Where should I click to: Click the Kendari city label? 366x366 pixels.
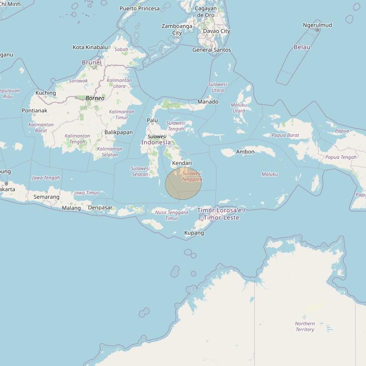tap(182, 163)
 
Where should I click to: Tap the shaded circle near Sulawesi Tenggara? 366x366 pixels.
tap(183, 183)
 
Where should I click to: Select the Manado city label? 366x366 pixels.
tap(208, 102)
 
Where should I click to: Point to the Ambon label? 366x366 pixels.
tap(245, 152)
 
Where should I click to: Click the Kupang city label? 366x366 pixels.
tap(194, 233)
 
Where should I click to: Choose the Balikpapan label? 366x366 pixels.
tap(119, 132)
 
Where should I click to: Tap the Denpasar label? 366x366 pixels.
tap(100, 208)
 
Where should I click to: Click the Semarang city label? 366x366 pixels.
tap(46, 197)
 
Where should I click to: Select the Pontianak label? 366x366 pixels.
tap(34, 111)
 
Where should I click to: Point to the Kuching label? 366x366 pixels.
tap(46, 93)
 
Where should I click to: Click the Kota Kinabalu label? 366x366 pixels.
tap(90, 47)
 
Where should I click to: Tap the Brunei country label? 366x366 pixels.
tap(91, 62)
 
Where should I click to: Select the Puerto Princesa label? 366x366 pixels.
tap(140, 8)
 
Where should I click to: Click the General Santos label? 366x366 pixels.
tap(212, 50)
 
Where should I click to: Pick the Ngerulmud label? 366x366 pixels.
tap(317, 25)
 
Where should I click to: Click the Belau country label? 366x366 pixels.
tap(302, 47)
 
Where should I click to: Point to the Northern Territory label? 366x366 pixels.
tap(305, 327)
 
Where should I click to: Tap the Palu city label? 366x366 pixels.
tap(152, 120)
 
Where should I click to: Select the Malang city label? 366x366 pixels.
tap(71, 208)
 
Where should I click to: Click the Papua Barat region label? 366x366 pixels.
tap(285, 135)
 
